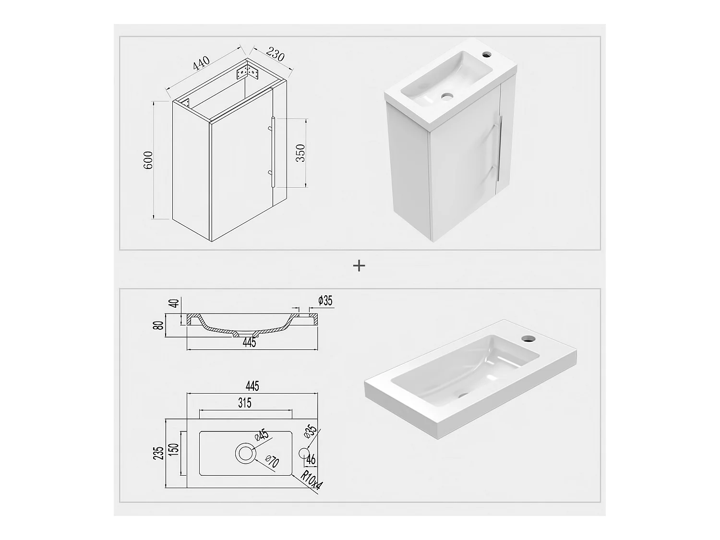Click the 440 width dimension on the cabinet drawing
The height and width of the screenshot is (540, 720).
click(202, 64)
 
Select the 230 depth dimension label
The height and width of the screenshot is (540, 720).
click(275, 54)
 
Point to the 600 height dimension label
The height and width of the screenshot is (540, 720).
click(148, 160)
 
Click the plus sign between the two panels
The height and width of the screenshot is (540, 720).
click(359, 265)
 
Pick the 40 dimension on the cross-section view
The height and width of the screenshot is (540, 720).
click(174, 303)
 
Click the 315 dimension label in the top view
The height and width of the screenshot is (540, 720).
click(245, 403)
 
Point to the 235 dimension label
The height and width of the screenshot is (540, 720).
click(159, 453)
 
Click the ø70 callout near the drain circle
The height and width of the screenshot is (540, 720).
click(272, 463)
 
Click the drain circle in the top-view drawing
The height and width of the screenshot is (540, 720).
click(245, 453)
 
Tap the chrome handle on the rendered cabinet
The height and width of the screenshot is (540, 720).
click(499, 149)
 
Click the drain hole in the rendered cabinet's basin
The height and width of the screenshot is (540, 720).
click(447, 96)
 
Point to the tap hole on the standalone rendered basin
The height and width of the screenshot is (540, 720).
click(528, 338)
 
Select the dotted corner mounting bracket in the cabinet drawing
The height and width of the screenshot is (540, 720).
click(248, 73)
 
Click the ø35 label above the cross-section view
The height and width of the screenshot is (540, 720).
click(325, 301)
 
